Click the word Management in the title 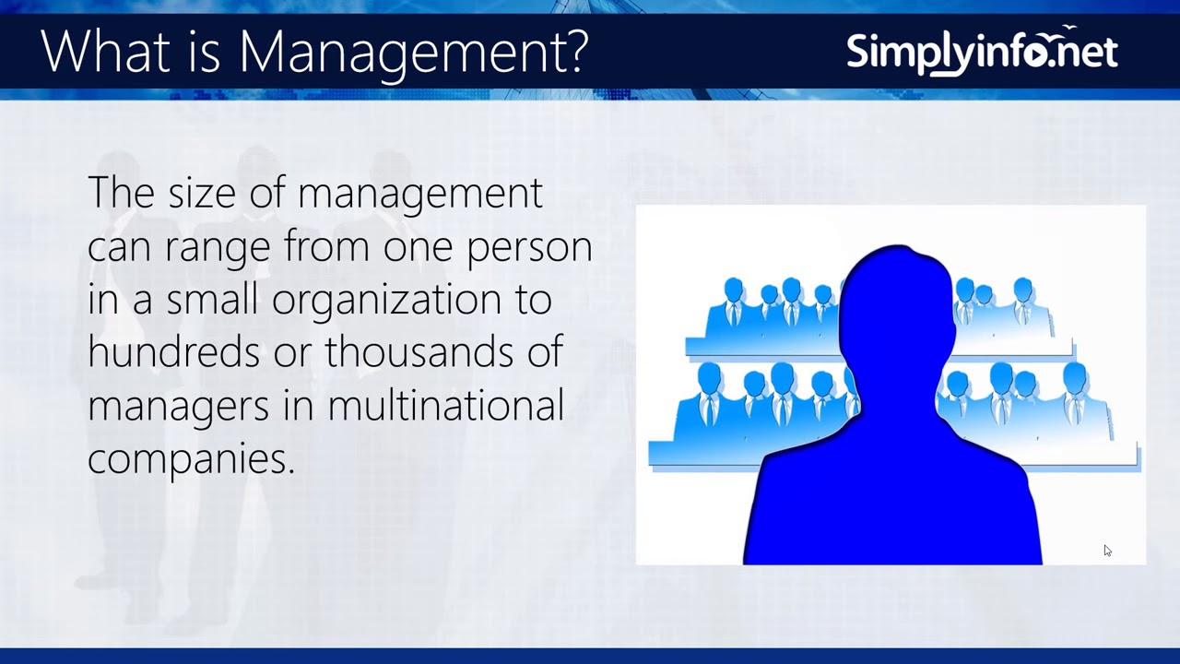point(398,53)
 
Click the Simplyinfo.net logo point(982,52)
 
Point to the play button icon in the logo point(1037,54)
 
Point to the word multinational point(445,406)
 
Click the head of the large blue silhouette point(896,304)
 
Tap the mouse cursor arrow point(1106,550)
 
